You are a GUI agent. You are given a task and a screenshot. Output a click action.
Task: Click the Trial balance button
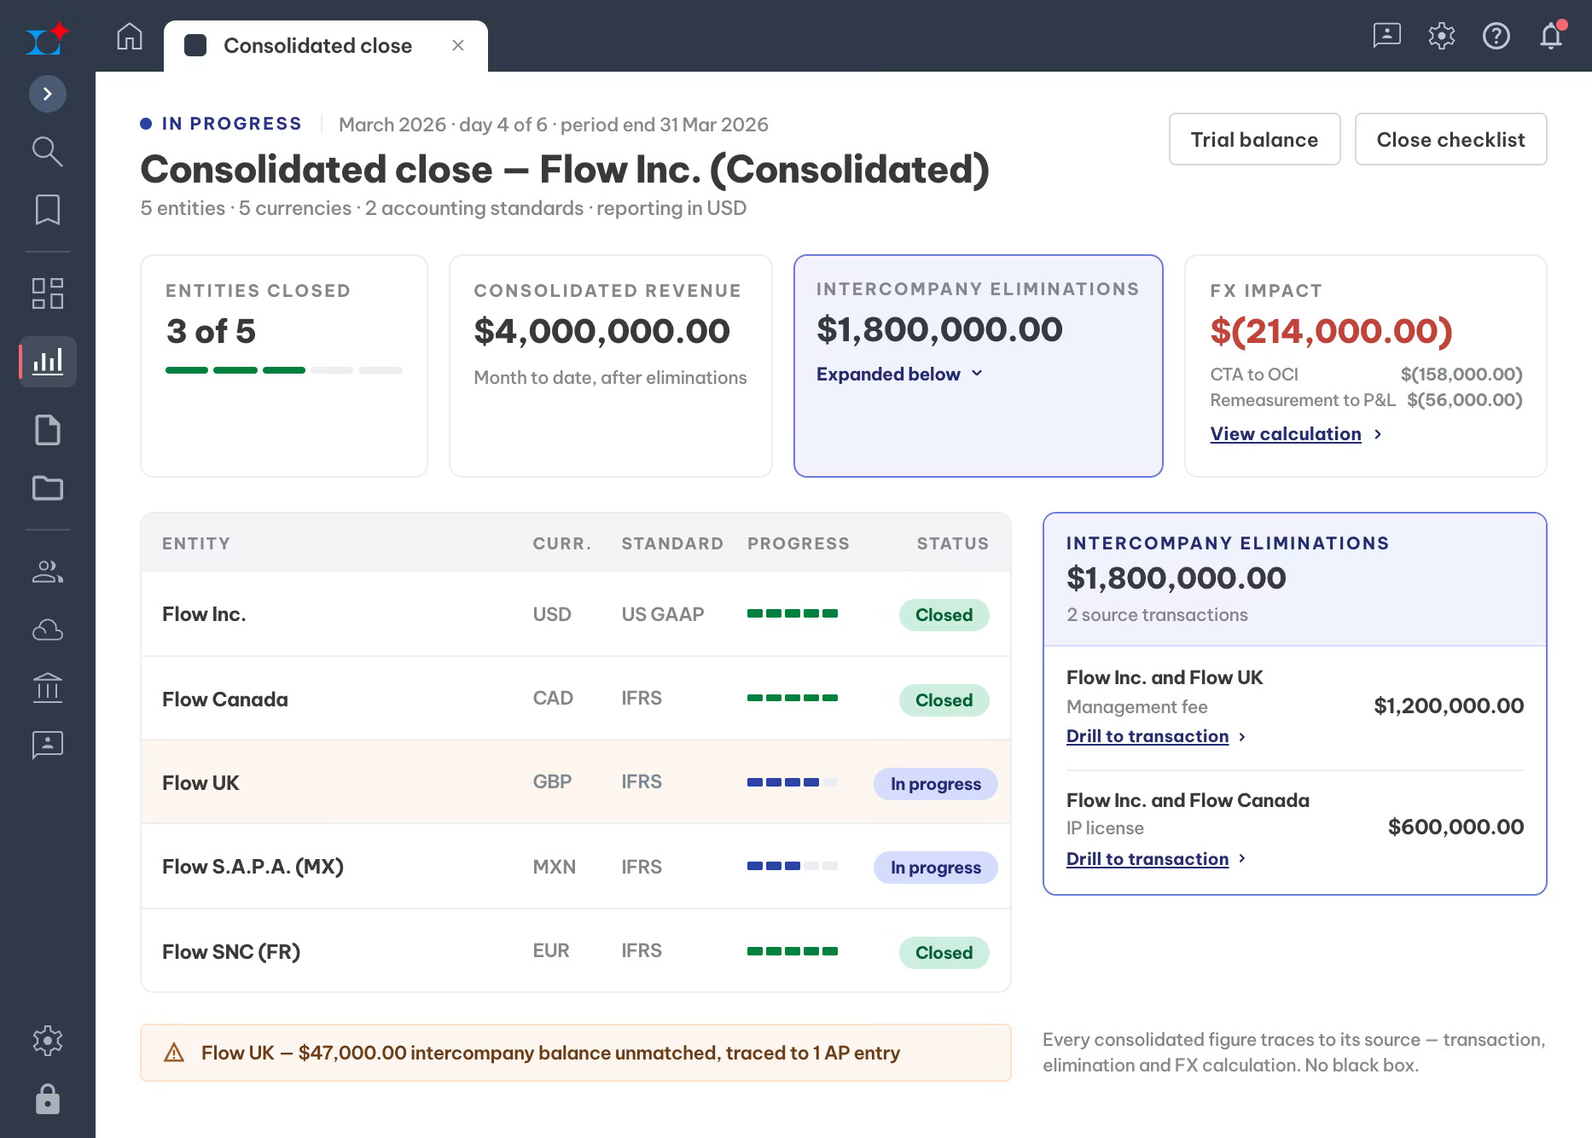1254,139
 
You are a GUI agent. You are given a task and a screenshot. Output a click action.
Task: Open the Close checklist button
1450,139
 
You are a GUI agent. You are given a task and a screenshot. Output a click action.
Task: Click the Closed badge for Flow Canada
944,700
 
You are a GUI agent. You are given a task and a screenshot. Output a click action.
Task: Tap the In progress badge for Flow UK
935,784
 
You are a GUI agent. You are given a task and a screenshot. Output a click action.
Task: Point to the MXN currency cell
554,867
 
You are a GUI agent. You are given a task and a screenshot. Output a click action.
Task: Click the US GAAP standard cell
663,614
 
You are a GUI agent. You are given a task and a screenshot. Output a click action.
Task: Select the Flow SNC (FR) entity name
231,951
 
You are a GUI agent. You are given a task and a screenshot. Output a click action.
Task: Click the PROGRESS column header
799,543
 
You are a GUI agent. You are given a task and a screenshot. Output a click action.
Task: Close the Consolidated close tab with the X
458,45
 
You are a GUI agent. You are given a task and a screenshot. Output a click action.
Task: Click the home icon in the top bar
130,37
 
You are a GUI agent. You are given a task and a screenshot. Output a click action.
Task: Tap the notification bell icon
1551,36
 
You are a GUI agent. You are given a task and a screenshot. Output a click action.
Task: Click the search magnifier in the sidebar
47,151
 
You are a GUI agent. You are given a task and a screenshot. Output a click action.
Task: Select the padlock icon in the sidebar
48,1099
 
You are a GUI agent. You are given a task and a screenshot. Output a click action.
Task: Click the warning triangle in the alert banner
174,1053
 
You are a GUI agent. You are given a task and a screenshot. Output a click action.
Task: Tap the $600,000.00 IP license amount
1455,827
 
